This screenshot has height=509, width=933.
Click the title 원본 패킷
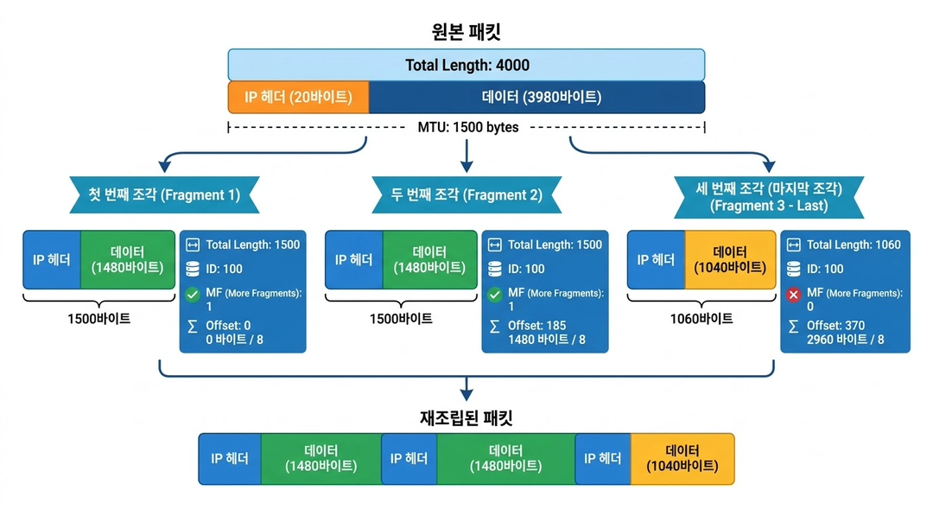pyautogui.click(x=466, y=32)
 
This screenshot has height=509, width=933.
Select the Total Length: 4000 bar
pyautogui.click(x=466, y=65)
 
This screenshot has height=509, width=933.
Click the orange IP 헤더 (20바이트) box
pyautogui.click(x=298, y=97)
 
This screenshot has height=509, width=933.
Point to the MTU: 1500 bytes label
pyautogui.click(x=466, y=127)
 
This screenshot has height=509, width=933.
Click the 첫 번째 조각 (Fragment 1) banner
pyautogui.click(x=164, y=194)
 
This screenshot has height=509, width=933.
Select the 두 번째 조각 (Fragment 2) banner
pyautogui.click(x=466, y=194)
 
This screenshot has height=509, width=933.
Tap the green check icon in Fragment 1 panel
pyautogui.click(x=193, y=294)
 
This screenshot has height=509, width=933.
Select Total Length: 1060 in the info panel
pyautogui.click(x=854, y=245)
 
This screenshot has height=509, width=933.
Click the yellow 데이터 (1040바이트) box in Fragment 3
pyautogui.click(x=727, y=260)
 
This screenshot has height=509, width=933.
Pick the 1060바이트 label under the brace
pyautogui.click(x=701, y=319)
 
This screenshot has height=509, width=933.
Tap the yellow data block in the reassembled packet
pyautogui.click(x=682, y=458)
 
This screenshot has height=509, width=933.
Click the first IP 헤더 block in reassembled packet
pyautogui.click(x=230, y=458)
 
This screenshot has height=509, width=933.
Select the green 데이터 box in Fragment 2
pyautogui.click(x=429, y=260)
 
